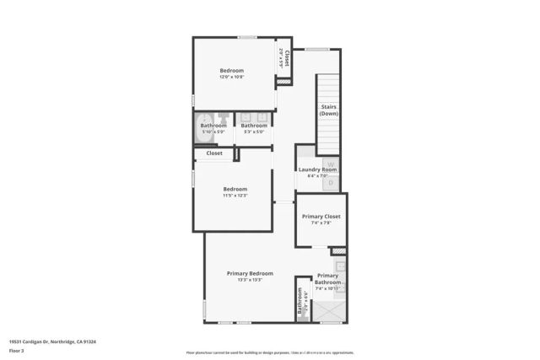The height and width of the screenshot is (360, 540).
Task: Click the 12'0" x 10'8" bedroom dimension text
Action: [x=231, y=77]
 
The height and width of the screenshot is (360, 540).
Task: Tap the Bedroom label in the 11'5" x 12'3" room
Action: [x=235, y=189]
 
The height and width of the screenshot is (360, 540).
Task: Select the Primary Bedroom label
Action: [x=250, y=273]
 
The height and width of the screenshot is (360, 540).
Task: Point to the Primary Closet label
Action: [x=321, y=216]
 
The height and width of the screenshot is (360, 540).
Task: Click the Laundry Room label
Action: [x=317, y=169]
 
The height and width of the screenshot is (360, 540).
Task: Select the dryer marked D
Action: [x=332, y=181]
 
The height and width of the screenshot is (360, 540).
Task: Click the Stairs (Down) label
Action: [x=329, y=110]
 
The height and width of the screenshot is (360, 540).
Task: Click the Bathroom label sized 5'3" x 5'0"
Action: [x=254, y=126]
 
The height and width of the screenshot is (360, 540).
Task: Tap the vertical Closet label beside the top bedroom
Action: [x=286, y=58]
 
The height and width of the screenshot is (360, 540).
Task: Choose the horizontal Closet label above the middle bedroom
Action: [x=214, y=153]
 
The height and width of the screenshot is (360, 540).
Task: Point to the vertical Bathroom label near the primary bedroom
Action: [x=300, y=300]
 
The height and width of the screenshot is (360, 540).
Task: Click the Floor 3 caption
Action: [x=16, y=350]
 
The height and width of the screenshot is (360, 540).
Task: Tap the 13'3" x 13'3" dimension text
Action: [x=250, y=280]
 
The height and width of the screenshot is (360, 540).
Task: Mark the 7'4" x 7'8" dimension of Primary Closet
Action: [x=321, y=223]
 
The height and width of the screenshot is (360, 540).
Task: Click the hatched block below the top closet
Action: [x=283, y=82]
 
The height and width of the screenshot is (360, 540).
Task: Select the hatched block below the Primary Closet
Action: [x=338, y=250]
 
